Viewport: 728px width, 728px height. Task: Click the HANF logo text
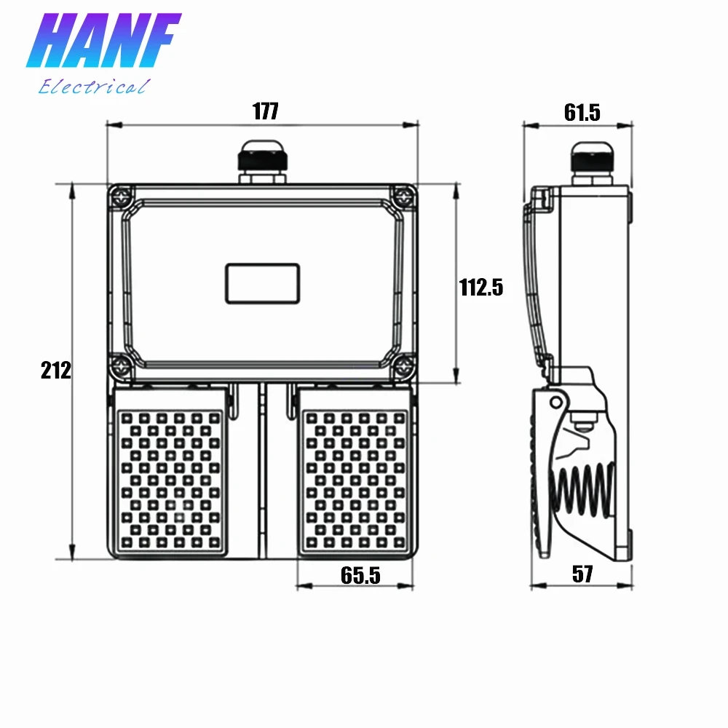click(103, 40)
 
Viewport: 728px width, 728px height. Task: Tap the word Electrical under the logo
click(94, 87)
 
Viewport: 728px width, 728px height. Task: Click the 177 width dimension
click(266, 111)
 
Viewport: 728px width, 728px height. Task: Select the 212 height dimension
click(56, 370)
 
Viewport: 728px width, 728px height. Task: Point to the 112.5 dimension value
click(481, 288)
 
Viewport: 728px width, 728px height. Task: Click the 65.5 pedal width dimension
click(360, 575)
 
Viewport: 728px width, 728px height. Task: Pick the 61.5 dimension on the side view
click(582, 112)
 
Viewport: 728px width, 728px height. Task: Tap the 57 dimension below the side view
click(582, 574)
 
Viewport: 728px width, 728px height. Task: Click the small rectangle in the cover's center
click(262, 284)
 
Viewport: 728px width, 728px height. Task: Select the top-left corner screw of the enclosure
click(122, 197)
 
